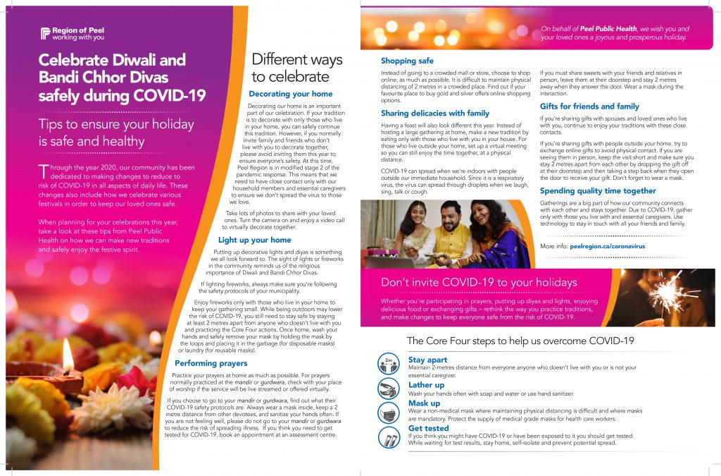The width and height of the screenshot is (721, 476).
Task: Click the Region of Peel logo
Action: coord(72,33)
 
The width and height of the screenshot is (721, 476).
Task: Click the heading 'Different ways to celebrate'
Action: coord(296,68)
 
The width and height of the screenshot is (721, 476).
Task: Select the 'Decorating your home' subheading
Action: coord(291,94)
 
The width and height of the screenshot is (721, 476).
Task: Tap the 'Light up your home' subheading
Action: coord(254,240)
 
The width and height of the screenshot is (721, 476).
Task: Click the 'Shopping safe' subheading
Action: coord(407,61)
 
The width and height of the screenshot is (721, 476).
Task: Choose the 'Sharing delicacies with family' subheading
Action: coord(434,113)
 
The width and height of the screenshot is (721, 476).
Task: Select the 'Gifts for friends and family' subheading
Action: coord(589,106)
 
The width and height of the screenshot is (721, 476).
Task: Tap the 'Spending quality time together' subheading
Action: coord(598,190)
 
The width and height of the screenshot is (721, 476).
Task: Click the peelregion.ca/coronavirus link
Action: coord(607,246)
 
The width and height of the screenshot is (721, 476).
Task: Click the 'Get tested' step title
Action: coord(428,428)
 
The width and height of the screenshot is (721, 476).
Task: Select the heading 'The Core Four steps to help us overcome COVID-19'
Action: coord(520,341)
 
